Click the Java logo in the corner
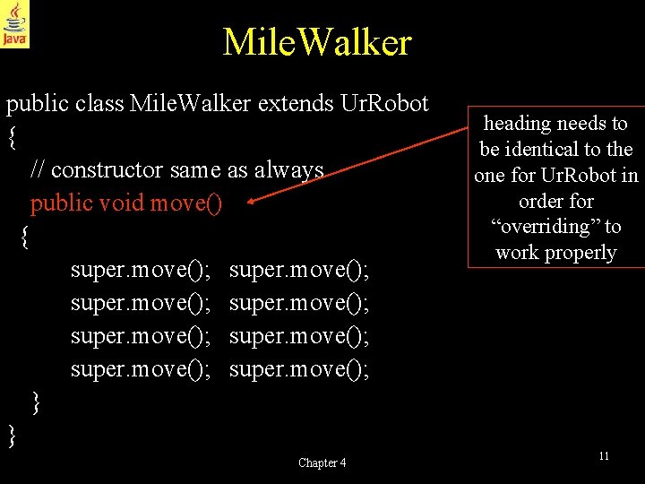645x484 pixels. pos(14,24)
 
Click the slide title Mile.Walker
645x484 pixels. pos(317,42)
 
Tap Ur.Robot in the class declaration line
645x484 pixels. pos(385,104)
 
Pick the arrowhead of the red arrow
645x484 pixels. pos(252,203)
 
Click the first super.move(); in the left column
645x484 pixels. pos(141,269)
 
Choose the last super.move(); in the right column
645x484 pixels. pos(299,368)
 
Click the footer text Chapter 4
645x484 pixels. pos(322,462)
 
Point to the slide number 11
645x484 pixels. pos(604,456)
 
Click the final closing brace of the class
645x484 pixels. pos(12,436)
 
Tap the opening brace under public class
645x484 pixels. pos(12,137)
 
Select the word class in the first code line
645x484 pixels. pos(100,104)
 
